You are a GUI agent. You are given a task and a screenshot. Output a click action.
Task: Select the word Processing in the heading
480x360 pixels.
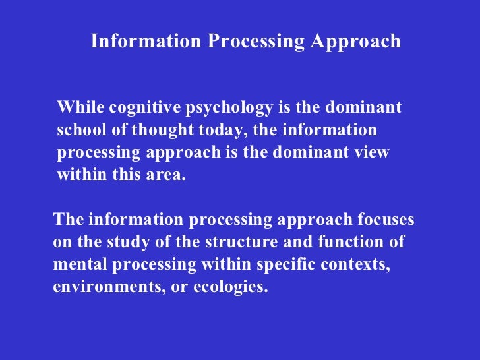point(256,42)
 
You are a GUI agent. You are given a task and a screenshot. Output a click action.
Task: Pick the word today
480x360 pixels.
point(222,131)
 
